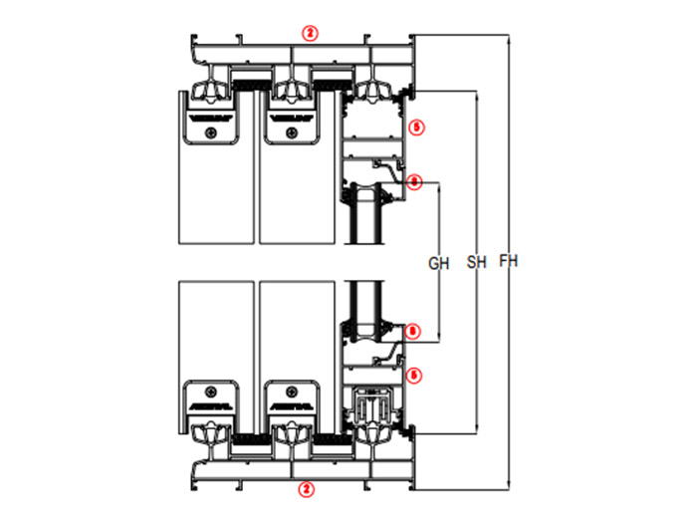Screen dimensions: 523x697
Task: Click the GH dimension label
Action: coord(439,264)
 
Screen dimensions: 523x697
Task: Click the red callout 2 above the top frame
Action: coord(311,33)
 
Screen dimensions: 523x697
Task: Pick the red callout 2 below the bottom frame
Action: coord(307,489)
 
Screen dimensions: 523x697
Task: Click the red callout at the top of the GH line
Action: coord(415,181)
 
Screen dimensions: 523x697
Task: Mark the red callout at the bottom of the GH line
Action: coord(414,330)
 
